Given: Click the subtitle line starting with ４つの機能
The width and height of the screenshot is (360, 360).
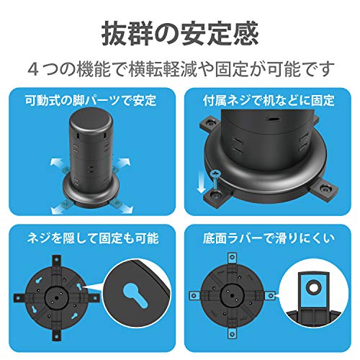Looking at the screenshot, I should [180, 70].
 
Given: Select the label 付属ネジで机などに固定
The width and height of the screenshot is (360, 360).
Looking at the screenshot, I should [271, 98].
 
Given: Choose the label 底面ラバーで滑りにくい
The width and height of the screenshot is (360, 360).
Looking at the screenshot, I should [271, 238].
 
